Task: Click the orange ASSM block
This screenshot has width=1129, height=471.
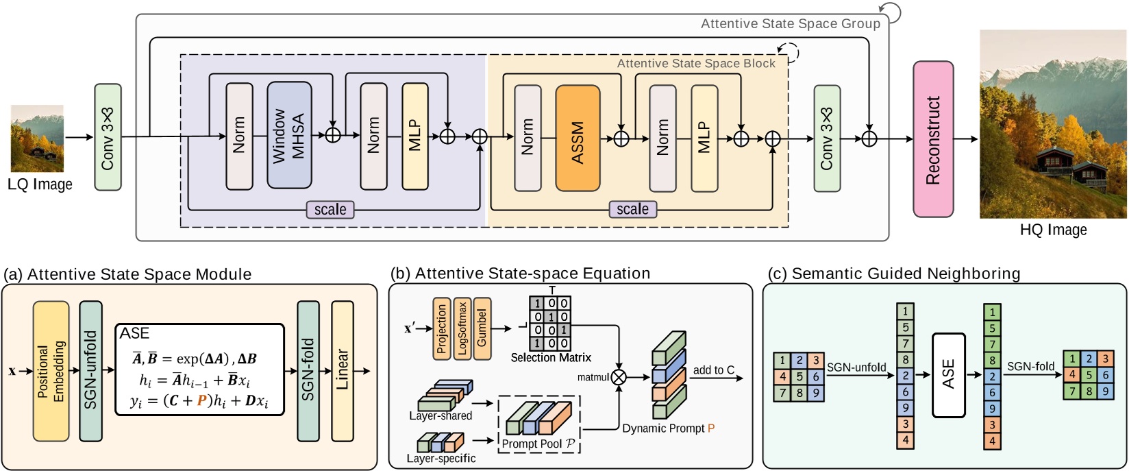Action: point(578,138)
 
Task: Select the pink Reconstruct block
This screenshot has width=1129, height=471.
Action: point(932,139)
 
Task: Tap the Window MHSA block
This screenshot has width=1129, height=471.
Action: point(289,136)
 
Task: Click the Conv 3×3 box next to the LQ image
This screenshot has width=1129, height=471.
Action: point(108,137)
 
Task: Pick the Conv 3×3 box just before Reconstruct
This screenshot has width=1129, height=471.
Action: point(827,138)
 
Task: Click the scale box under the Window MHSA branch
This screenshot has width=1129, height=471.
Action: point(330,210)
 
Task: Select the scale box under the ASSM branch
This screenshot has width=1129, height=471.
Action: point(632,209)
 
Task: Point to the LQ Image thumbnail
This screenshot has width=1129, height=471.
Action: point(37,138)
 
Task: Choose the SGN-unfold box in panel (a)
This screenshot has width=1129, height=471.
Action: point(90,370)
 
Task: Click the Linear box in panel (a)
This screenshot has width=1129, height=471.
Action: point(342,371)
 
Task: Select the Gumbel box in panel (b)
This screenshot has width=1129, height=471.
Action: point(482,328)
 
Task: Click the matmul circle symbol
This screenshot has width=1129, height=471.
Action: point(619,376)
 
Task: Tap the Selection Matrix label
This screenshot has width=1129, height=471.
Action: point(551,358)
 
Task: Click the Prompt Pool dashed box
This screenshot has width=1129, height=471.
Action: point(539,424)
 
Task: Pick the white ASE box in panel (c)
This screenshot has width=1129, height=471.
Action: point(948,375)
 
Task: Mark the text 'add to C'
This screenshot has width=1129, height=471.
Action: point(713,370)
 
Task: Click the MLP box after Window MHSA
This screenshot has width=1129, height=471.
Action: point(415,136)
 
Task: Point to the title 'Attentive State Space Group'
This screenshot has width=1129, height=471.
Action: point(790,24)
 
